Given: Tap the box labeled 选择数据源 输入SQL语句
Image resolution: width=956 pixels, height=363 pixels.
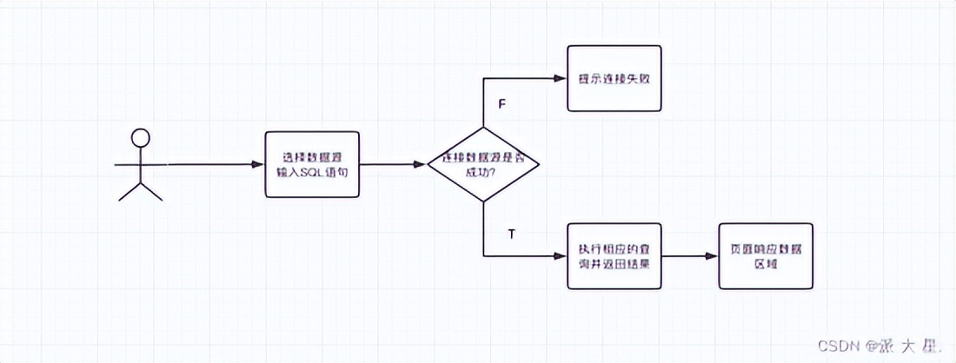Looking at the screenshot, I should pyautogui.click(x=311, y=165).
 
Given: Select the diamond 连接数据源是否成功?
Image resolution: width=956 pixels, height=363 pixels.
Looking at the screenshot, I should pyautogui.click(x=483, y=164).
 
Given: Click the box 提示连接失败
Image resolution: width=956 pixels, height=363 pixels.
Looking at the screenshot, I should pyautogui.click(x=614, y=78).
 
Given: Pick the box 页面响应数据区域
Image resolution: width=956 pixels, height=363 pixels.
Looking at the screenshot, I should pyautogui.click(x=766, y=257).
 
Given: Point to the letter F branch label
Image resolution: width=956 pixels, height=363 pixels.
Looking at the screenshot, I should pyautogui.click(x=501, y=104).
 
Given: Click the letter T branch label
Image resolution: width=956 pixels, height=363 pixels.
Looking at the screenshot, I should pyautogui.click(x=511, y=234).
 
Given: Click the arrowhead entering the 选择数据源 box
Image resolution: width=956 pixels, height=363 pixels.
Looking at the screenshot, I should pyautogui.click(x=260, y=164).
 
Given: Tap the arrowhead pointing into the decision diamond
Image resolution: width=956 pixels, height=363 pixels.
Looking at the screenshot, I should pyautogui.click(x=423, y=164).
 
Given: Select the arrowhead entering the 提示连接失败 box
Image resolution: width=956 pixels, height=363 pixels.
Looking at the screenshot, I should pyautogui.click(x=562, y=78).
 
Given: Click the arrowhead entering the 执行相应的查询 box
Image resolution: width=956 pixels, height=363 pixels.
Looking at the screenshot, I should pyautogui.click(x=562, y=257).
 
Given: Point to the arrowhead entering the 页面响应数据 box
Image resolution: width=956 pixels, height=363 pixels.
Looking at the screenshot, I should pyautogui.click(x=714, y=257).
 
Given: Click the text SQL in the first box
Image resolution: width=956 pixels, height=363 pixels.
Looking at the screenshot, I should pyautogui.click(x=309, y=173).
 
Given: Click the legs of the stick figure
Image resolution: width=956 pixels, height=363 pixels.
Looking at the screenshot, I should pyautogui.click(x=140, y=190).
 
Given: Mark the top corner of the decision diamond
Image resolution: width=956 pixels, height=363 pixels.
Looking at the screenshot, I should pyautogui.click(x=483, y=127).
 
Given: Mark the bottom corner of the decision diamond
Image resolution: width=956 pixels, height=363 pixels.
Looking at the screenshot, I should pyautogui.click(x=483, y=201).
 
